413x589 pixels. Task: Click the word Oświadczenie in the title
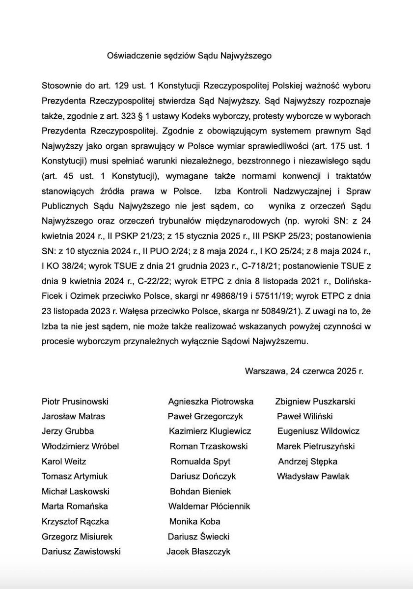tap(130, 56)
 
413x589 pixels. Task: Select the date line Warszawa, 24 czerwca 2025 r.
tap(304, 371)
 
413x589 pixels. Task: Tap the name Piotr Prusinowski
tap(75, 402)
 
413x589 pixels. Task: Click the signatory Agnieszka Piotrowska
tap(211, 402)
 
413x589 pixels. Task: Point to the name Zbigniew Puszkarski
tap(315, 402)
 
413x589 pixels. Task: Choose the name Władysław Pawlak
tap(313, 476)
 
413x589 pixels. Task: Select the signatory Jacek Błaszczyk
tap(198, 551)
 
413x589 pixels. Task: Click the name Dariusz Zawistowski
tap(81, 551)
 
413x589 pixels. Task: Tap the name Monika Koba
tap(194, 521)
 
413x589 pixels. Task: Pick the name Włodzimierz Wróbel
tap(81, 446)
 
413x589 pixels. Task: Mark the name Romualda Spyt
tap(200, 461)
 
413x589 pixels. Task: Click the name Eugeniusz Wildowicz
tap(318, 431)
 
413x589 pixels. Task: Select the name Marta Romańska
tap(75, 506)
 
